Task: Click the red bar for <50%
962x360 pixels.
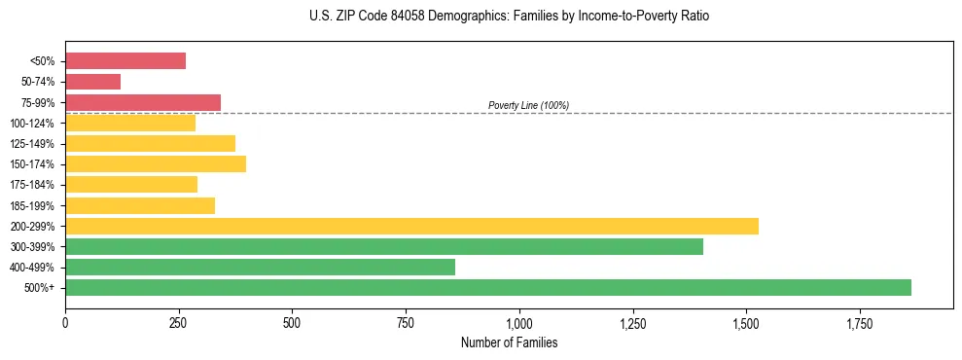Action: coord(125,61)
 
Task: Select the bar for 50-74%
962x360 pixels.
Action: coord(92,82)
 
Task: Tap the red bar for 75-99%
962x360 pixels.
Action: coord(143,102)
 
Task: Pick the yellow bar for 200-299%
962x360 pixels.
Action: coord(411,226)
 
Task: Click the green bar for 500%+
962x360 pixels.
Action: coord(488,287)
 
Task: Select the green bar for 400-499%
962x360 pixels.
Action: coord(260,267)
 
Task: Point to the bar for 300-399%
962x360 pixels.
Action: coord(384,246)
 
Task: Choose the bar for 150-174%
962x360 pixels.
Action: coord(156,163)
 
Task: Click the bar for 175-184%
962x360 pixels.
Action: coord(131,185)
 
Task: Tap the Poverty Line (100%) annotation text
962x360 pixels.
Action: coord(528,105)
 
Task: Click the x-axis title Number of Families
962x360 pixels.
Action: coord(509,342)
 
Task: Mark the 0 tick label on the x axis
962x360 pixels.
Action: coord(65,322)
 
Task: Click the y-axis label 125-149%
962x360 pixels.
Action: coord(31,144)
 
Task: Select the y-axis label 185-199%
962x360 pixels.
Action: coord(31,205)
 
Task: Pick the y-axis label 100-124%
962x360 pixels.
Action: coord(31,124)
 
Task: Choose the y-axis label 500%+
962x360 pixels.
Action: coord(38,288)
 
